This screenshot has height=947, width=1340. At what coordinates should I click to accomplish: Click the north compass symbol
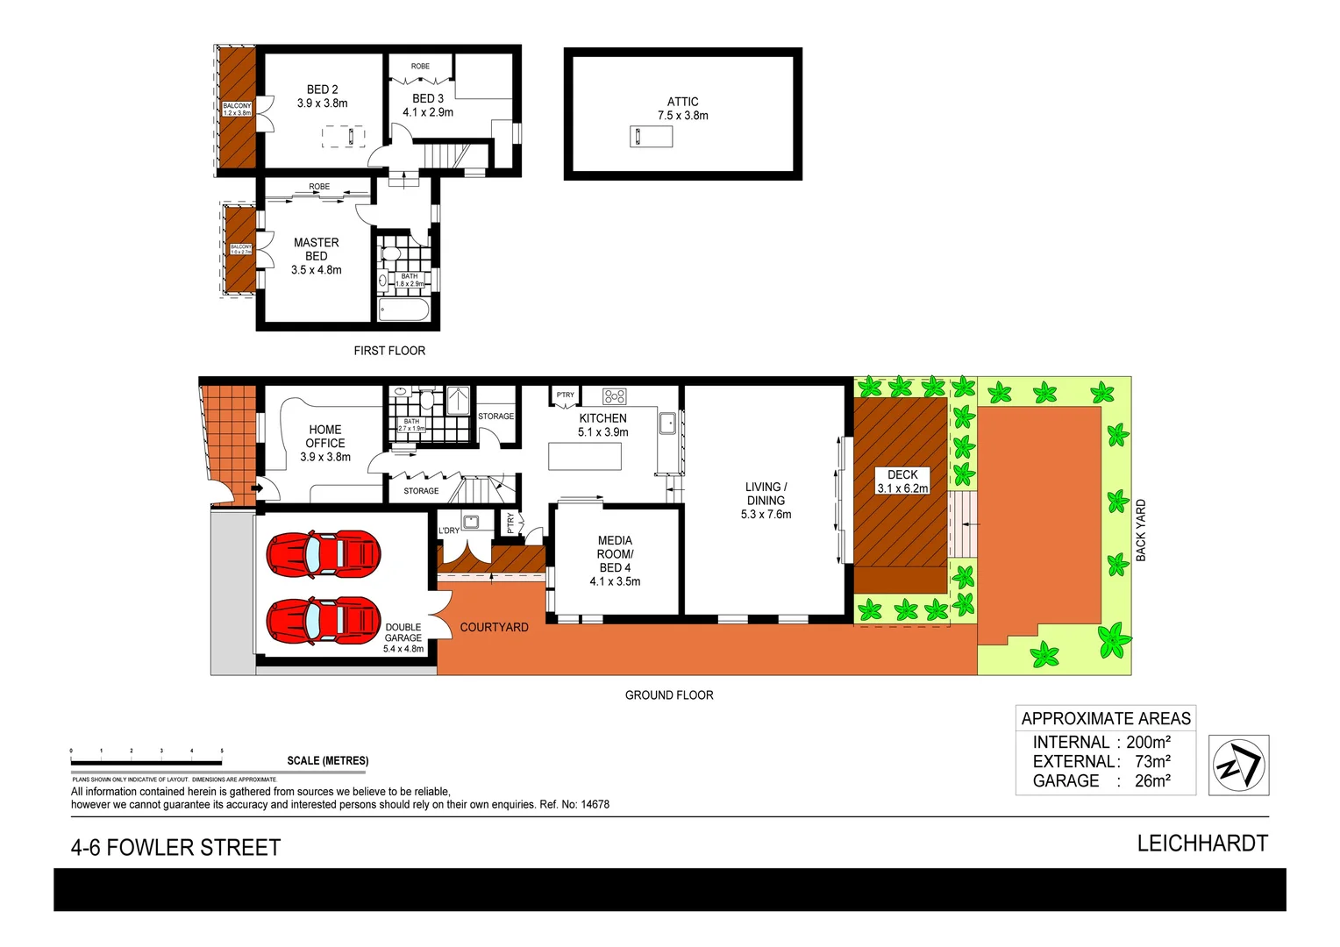1238,765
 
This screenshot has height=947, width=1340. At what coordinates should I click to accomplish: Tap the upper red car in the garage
324,554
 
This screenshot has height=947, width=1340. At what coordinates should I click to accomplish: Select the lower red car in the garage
324,621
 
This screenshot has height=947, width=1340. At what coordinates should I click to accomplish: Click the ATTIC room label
682,102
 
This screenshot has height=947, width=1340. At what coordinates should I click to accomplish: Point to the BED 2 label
322,89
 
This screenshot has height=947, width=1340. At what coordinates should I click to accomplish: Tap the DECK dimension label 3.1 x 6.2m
902,488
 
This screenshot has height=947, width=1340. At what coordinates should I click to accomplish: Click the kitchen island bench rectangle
585,456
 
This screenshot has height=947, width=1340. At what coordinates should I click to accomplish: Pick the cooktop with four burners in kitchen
615,396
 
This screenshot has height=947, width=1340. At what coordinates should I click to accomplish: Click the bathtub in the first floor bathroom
403,310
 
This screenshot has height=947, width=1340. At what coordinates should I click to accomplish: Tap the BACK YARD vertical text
1140,530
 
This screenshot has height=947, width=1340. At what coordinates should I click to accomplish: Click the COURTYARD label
494,627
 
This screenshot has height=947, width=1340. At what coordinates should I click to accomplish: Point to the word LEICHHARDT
1202,843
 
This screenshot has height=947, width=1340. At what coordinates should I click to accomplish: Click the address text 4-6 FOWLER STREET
175,847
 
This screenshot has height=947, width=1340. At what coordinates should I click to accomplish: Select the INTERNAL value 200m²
1148,742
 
